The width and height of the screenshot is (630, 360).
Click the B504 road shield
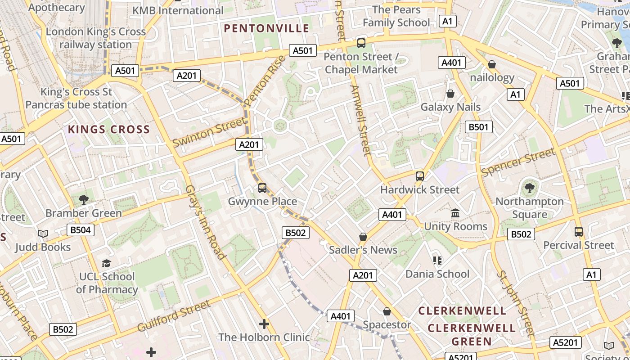(x=81, y=230)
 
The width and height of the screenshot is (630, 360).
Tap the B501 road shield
(x=478, y=127)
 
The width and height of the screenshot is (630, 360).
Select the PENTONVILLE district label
(x=266, y=29)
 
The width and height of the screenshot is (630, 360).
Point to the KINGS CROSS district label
(x=108, y=130)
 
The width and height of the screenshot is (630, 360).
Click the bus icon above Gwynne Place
(x=262, y=188)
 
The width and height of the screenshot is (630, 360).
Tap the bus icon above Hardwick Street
(x=420, y=176)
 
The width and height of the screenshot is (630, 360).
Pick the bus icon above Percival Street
(x=579, y=232)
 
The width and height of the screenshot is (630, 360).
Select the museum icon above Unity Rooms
(x=455, y=213)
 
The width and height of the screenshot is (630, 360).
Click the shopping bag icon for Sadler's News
(x=363, y=237)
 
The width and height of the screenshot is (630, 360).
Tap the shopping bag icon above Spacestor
(x=387, y=311)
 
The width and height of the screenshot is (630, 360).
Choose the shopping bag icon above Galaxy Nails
(x=450, y=94)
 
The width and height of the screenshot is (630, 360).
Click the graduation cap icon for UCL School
(x=106, y=263)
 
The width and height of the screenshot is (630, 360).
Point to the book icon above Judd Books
(x=43, y=234)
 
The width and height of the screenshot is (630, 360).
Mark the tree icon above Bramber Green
(x=83, y=199)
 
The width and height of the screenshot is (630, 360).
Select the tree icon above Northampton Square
(x=529, y=188)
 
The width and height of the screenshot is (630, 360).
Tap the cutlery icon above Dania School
(x=437, y=261)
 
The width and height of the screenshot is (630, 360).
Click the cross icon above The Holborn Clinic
(x=264, y=324)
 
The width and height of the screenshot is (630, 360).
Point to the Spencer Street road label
(x=518, y=162)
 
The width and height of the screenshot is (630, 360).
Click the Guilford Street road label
(x=174, y=316)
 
